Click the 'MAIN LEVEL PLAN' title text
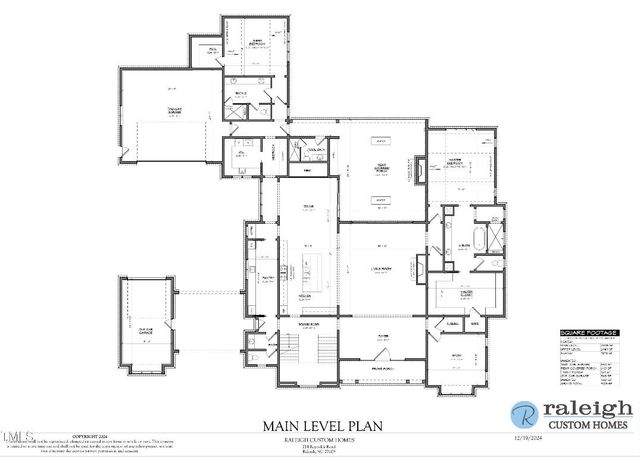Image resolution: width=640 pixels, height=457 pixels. tap(319, 425)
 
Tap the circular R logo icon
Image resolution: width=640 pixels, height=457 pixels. tap(523, 414)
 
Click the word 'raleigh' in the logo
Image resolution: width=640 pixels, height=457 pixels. tap(587, 408)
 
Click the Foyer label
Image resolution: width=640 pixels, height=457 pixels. tap(382, 337)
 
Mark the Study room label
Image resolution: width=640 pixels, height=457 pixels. tap(457, 355)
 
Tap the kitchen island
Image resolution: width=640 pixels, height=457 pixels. tap(307, 267)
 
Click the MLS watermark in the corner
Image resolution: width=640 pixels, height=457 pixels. tap(18, 436)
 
